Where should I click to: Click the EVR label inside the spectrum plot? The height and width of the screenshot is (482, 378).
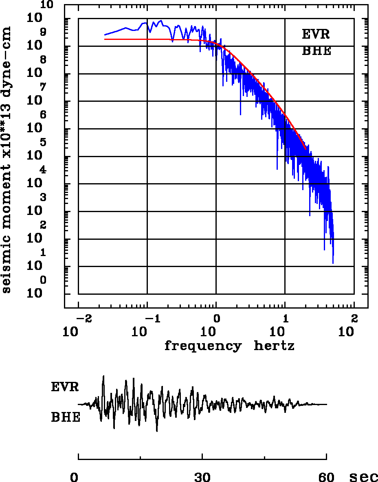pos(316,35)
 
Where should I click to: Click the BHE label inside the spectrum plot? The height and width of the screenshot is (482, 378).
pos(316,51)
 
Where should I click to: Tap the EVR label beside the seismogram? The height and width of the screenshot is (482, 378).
pos(65,387)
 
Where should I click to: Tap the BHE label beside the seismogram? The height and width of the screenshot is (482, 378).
pos(66,418)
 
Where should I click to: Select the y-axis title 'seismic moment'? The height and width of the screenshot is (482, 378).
pos(7,159)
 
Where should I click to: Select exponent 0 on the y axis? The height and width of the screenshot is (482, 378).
pos(43,280)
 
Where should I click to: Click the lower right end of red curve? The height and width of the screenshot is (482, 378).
pos(305,149)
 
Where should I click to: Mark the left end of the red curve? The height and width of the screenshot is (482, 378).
pos(105,39)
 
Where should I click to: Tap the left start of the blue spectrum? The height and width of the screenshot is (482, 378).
pos(105,35)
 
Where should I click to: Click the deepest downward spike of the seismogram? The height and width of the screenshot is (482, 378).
pos(156,431)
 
